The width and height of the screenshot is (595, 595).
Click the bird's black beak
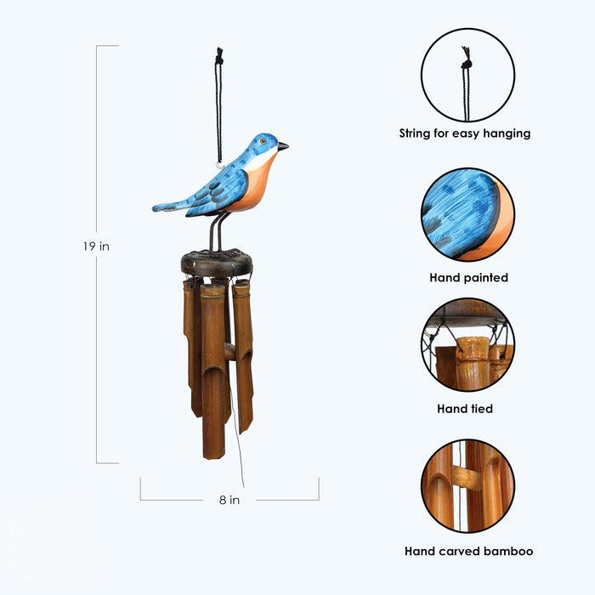[x=282, y=146]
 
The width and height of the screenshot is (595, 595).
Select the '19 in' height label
[x=96, y=246]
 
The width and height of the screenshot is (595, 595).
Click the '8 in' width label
[x=229, y=500]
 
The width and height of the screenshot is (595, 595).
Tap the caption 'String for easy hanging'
[x=465, y=133]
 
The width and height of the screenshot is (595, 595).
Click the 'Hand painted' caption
[x=468, y=277]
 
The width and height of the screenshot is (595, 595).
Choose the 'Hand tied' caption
[x=465, y=409]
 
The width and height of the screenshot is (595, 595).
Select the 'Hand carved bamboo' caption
[x=468, y=551]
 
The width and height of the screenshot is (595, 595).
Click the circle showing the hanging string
[x=467, y=76]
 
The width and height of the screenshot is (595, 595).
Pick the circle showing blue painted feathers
[x=467, y=214]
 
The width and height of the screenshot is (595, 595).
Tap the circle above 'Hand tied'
[x=467, y=343]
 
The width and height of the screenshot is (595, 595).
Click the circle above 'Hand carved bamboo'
[x=467, y=486]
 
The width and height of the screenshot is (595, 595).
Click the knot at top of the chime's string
[x=219, y=56]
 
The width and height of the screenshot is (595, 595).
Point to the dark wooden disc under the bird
[x=217, y=263]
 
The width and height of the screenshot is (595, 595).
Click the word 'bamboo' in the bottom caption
[x=507, y=551]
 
